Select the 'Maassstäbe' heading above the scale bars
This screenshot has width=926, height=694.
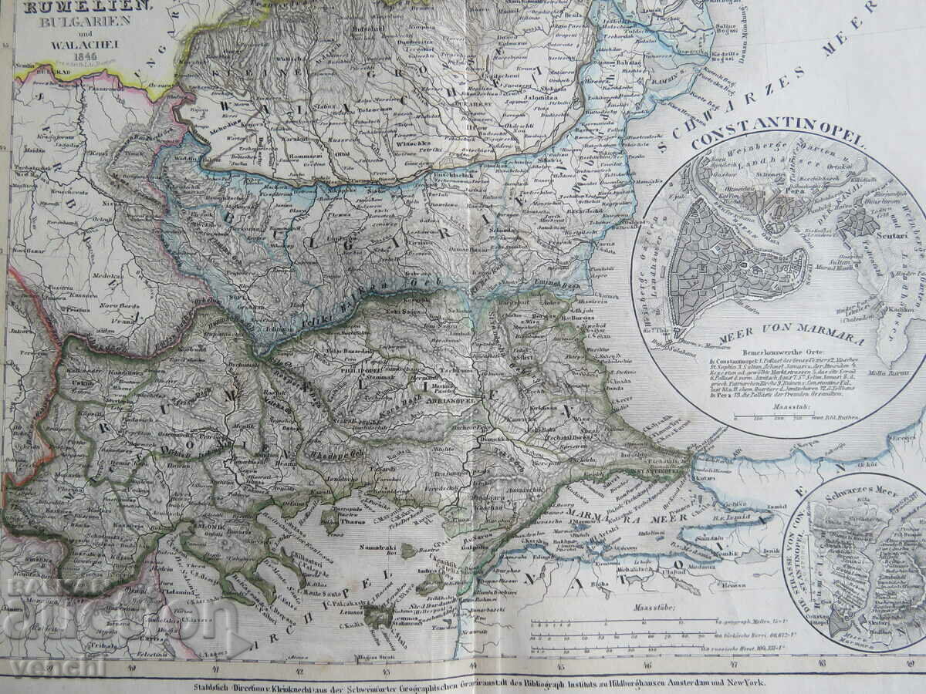click(653, 607)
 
